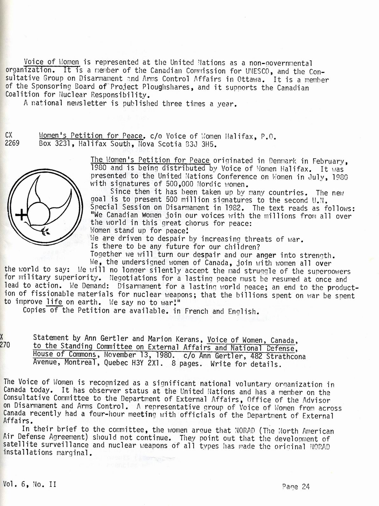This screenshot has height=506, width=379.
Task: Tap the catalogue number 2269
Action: [12, 143]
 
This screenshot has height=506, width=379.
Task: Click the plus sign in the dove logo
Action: [22, 216]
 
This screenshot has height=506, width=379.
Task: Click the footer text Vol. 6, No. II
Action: [30, 484]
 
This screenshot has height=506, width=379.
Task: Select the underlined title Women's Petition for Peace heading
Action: [91, 136]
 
